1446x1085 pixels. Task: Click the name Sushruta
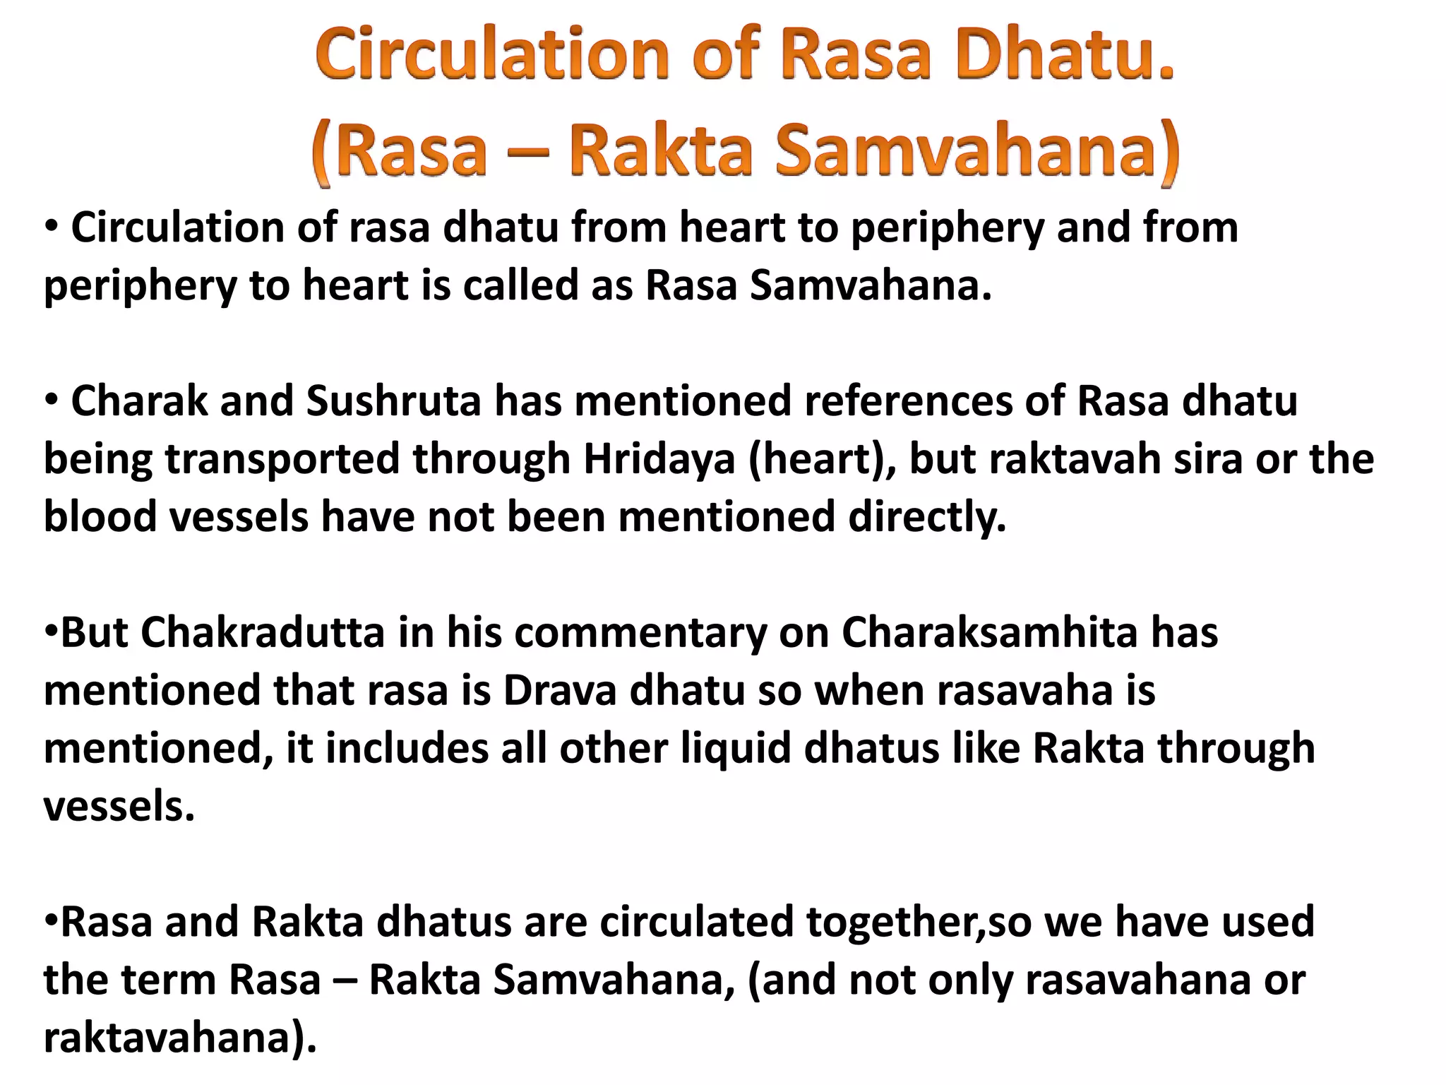[x=393, y=401]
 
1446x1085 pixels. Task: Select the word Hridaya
[x=659, y=458]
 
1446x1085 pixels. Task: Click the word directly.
[x=927, y=517]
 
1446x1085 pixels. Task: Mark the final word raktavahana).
[x=180, y=1038]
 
